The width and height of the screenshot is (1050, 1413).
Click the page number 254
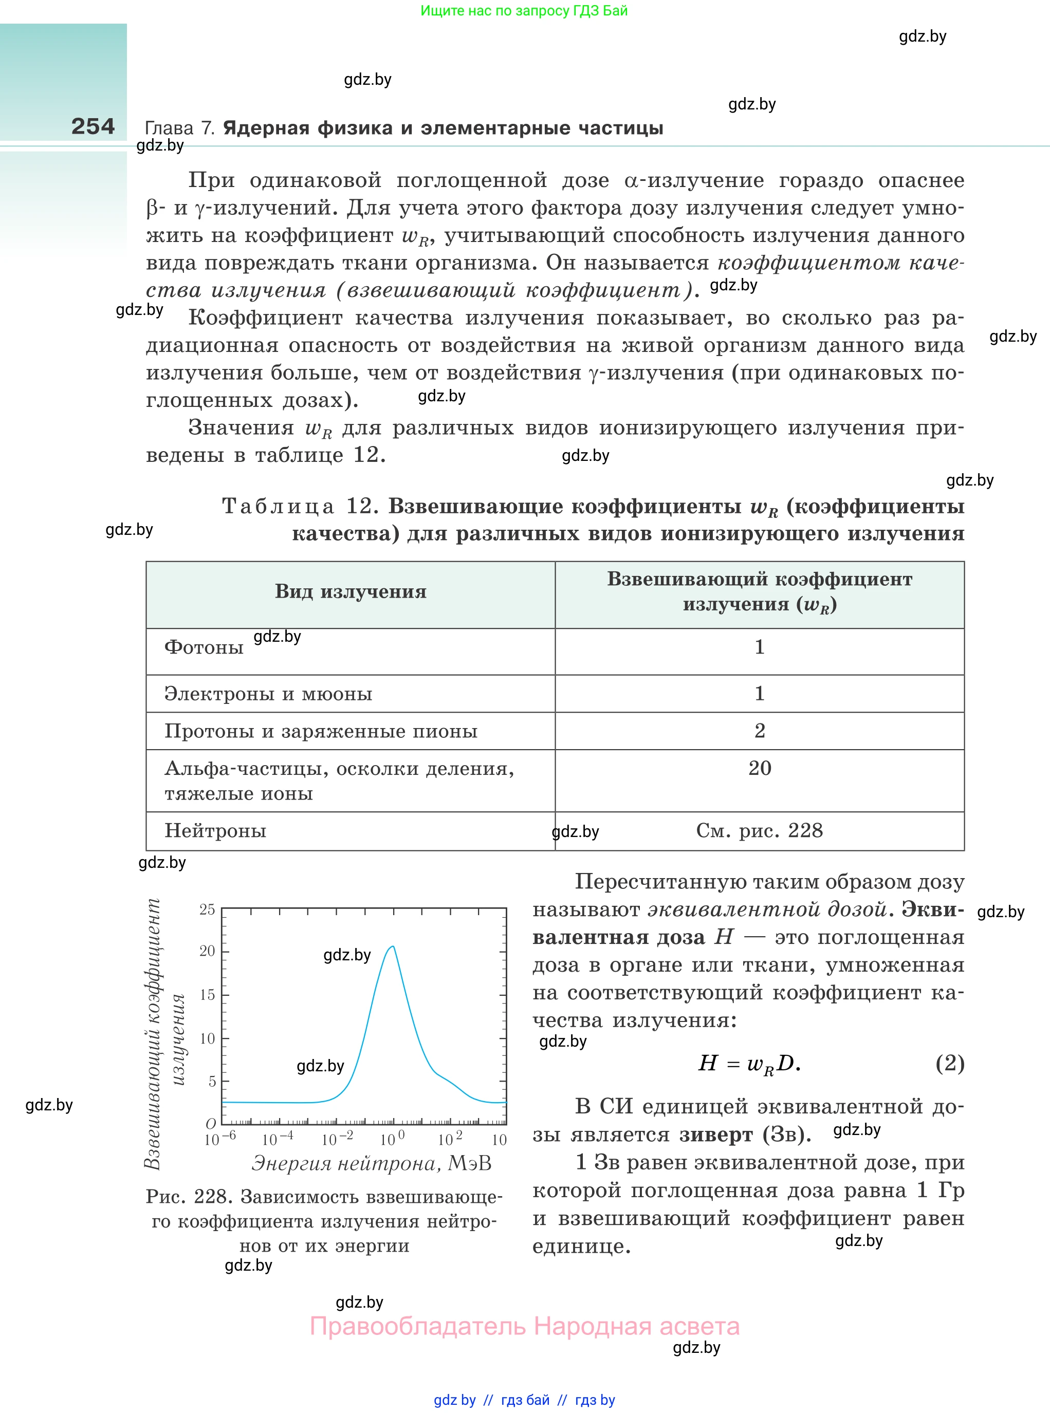point(93,126)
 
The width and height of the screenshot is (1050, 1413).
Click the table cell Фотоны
point(204,647)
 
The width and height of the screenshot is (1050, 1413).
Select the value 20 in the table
point(760,768)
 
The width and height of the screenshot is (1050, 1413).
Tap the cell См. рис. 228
point(759,830)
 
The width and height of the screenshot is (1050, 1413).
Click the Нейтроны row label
point(215,830)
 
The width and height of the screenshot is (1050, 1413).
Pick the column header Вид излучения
point(350,591)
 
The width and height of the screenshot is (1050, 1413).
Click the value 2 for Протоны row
point(760,731)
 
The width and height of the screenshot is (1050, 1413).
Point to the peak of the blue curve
point(393,946)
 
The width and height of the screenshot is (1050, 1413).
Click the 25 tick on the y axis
point(207,909)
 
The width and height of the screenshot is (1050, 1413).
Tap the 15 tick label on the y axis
point(207,994)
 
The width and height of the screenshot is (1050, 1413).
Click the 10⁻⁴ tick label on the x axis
point(278,1139)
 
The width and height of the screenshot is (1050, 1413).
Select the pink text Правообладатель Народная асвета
point(524,1326)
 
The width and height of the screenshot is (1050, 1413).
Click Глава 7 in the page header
point(180,128)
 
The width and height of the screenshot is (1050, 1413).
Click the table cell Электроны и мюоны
point(268,693)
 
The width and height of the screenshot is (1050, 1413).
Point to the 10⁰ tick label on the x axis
point(392,1139)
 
